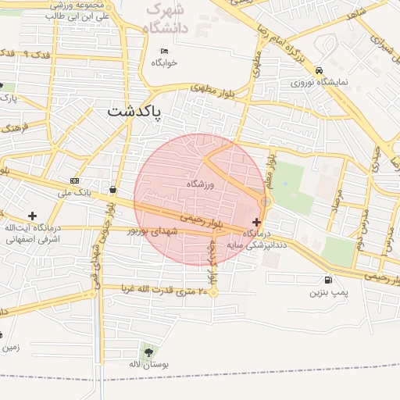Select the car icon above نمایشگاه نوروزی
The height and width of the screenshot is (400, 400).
tap(319, 70)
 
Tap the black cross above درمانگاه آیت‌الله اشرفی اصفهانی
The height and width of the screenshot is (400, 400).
tap(32, 216)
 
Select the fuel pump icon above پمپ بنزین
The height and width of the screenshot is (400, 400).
tap(326, 280)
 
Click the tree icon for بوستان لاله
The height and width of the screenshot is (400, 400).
tap(148, 352)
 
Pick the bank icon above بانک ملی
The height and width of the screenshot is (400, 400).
tap(74, 180)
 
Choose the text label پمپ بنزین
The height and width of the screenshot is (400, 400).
tap(327, 292)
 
